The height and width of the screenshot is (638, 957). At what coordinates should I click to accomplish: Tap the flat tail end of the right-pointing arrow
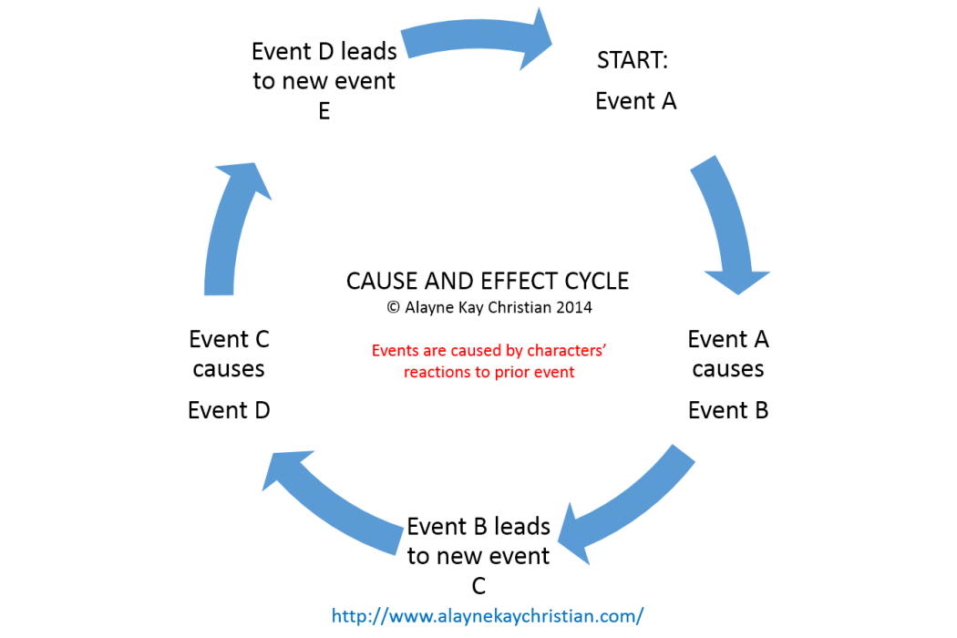click(x=406, y=43)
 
